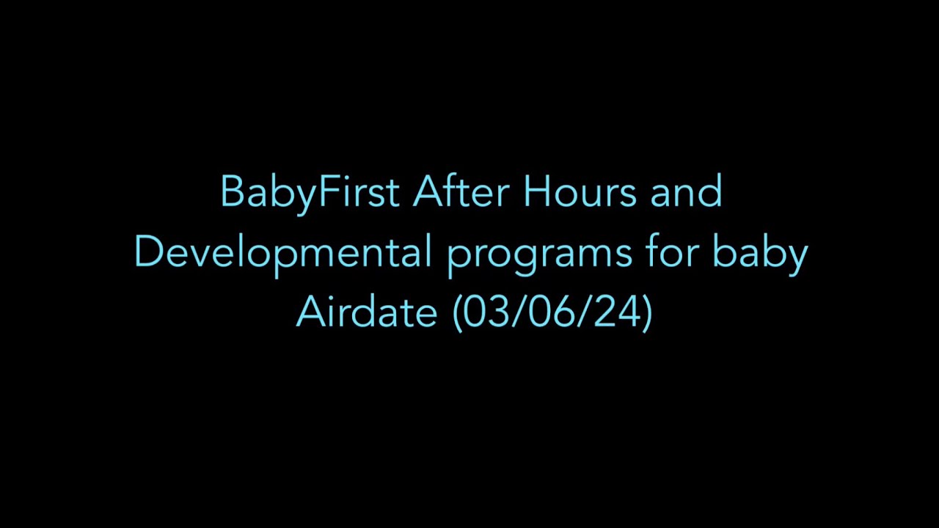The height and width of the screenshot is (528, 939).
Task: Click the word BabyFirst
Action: [x=309, y=192]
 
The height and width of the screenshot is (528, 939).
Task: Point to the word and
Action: [x=686, y=192]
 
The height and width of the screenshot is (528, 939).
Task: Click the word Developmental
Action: [x=282, y=252]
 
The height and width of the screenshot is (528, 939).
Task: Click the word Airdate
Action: [x=367, y=312]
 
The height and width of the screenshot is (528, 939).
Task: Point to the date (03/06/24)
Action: [x=552, y=312]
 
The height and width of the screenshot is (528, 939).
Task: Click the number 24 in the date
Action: [x=617, y=312]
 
